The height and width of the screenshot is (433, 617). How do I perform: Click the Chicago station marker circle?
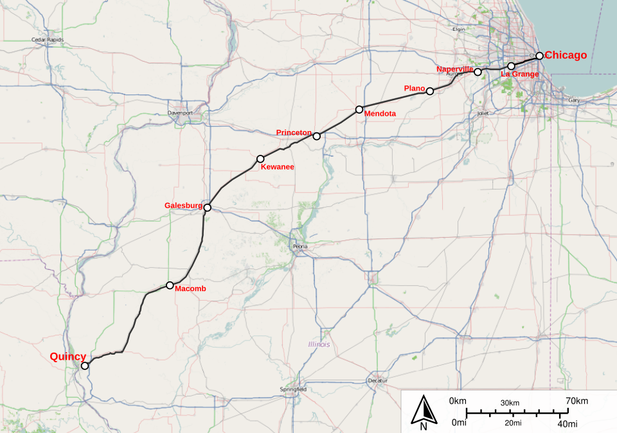540,56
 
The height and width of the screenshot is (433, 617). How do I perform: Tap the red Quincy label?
68,357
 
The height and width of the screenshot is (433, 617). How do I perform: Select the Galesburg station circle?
207,208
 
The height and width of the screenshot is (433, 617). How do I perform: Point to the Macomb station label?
191,289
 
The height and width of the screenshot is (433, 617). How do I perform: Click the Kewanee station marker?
260,159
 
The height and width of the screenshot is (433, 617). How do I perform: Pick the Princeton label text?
294,132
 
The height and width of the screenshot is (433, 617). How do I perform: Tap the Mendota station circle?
359,109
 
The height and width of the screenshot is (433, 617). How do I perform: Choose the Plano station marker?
430,91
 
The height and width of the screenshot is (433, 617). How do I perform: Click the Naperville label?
454,69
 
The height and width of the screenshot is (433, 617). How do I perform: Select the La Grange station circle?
511,66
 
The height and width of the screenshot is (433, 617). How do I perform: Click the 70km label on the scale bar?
576,402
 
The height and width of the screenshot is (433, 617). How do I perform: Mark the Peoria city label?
300,246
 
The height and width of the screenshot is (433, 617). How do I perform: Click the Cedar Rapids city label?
48,40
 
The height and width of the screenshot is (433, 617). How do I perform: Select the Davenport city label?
181,112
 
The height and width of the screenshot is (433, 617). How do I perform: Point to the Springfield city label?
293,389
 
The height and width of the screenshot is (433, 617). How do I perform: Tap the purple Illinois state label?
319,344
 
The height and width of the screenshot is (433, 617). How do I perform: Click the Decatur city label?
378,380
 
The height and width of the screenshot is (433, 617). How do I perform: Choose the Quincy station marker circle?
85,366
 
